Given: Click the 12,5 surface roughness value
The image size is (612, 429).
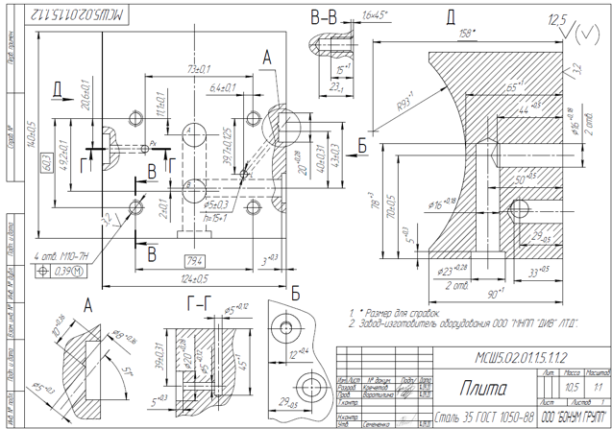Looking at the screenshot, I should [x=555, y=19].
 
